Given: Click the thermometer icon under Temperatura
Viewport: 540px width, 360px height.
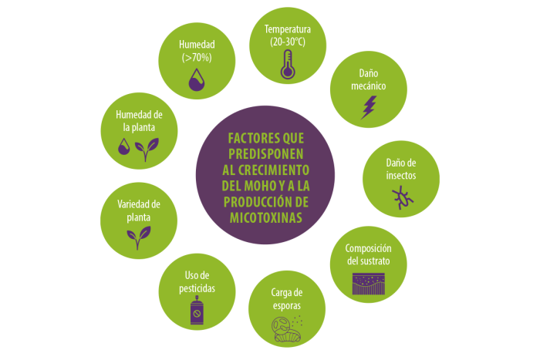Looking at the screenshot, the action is [288, 64].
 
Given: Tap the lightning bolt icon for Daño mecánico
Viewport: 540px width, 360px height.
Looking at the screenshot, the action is [369, 107].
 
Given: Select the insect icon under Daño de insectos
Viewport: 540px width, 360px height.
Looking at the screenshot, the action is [402, 198].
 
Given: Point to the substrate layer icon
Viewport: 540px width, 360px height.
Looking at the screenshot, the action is [369, 284].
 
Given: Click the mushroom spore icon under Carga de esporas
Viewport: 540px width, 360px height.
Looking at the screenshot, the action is [287, 329].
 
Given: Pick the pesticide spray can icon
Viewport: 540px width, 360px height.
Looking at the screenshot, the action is [197, 310].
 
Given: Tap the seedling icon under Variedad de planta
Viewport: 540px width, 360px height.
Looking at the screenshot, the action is [138, 237].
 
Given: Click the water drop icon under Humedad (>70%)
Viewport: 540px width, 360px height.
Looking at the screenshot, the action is [197, 79].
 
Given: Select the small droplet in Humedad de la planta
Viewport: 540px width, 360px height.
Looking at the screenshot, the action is [124, 146].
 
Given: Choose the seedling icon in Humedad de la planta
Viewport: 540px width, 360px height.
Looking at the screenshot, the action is [147, 150].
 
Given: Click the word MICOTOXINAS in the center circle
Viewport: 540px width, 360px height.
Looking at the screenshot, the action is [266, 218].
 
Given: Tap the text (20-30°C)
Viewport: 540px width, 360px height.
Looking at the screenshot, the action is [288, 42].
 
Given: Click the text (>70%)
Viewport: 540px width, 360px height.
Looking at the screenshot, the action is [197, 58].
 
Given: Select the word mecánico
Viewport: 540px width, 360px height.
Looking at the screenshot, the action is [369, 86].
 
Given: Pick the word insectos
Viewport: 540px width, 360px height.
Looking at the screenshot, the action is [401, 176].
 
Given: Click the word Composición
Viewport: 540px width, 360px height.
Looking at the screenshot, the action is [369, 248].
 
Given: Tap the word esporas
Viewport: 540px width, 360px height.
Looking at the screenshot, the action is [287, 305].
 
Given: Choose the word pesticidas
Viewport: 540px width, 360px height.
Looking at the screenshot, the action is [197, 288].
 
